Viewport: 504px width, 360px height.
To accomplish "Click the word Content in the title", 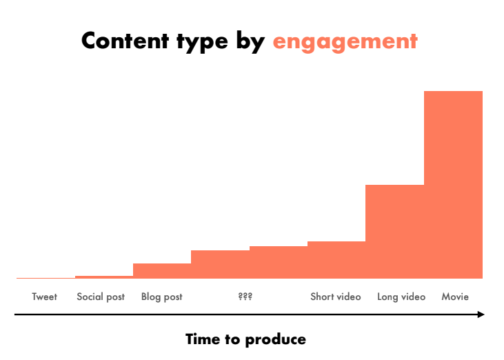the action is (125, 41).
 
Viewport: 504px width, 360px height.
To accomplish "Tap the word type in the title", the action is (202, 43).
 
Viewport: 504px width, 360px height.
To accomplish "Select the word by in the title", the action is (251, 42).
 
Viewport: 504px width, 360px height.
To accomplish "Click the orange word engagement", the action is (345, 43).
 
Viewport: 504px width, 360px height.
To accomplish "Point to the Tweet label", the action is (44, 297).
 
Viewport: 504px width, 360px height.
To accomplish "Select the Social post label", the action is (101, 297).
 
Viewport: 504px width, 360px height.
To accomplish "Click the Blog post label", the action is (161, 297).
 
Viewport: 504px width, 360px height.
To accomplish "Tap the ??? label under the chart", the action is (245, 296).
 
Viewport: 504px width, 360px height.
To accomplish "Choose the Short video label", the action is (336, 297).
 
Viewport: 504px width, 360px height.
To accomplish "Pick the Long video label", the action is (401, 297).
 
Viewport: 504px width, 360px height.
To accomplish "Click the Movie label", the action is (455, 297).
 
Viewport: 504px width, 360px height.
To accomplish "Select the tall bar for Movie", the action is (453, 185).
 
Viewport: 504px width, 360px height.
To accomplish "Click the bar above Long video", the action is (394, 232).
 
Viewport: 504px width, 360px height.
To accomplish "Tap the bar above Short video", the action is (336, 260).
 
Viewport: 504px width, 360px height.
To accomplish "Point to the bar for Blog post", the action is (162, 271).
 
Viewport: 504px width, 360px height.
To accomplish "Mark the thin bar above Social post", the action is (104, 277).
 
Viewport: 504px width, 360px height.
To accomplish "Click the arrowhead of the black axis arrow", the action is (481, 314).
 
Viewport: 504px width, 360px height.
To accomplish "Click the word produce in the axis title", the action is (276, 340).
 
